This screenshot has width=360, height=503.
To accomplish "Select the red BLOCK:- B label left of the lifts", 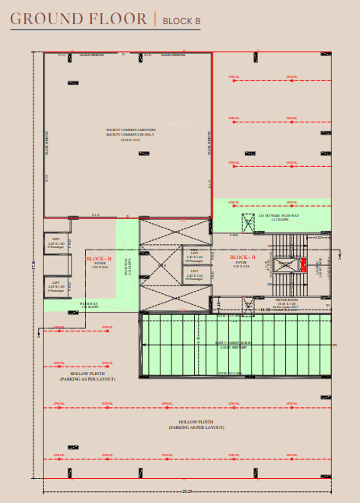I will tap(99, 259).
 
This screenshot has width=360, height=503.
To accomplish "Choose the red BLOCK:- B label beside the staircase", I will tap(243, 257).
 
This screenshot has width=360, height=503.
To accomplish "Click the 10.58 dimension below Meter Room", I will tap(264, 310).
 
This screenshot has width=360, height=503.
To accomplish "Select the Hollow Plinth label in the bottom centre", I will tap(198, 424).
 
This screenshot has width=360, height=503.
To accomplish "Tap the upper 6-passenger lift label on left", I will tap(55, 243).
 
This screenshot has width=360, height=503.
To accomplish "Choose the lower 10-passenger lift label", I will tap(196, 278).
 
